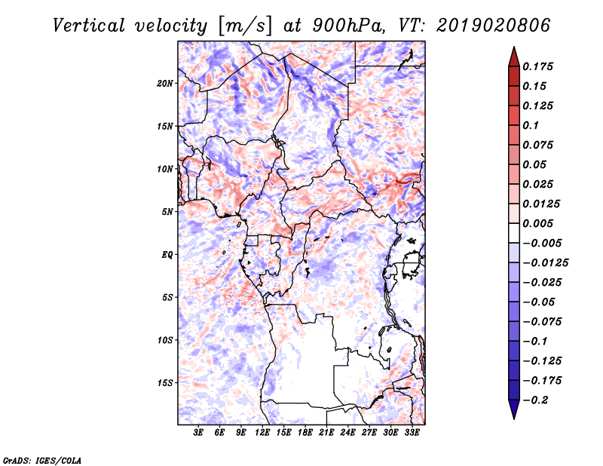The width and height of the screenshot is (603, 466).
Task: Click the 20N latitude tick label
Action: click(x=165, y=83)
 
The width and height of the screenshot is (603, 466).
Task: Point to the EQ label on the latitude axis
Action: click(x=167, y=255)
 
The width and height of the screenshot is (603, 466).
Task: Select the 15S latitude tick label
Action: click(x=165, y=383)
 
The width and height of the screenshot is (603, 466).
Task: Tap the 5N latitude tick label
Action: click(x=167, y=212)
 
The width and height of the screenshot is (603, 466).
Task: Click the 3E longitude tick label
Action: click(x=199, y=433)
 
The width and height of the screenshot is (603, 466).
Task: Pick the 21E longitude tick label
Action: click(x=326, y=433)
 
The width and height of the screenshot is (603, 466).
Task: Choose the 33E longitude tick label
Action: click(x=412, y=433)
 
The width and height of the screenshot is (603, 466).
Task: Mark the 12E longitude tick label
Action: click(x=262, y=433)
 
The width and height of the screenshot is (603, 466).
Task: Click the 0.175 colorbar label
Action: click(x=539, y=66)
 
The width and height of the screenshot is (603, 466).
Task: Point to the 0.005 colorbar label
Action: click(x=539, y=223)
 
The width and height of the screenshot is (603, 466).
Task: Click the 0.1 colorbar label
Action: click(x=531, y=125)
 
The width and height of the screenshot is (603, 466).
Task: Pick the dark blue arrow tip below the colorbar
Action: click(x=513, y=414)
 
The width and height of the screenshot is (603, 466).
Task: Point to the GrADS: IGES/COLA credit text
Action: click(x=42, y=459)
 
